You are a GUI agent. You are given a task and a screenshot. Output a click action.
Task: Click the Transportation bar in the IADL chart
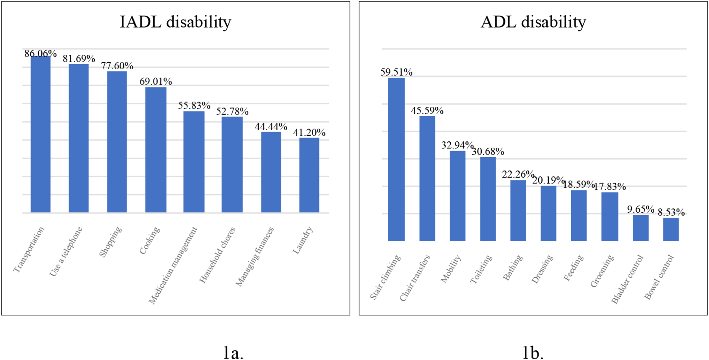[x=41, y=134]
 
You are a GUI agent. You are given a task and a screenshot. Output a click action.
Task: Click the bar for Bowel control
[x=671, y=229]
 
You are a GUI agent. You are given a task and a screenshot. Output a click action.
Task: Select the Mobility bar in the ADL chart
[x=457, y=196]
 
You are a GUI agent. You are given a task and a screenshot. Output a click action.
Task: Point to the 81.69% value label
[x=79, y=58]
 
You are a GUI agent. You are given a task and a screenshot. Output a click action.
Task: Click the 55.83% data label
[x=194, y=105]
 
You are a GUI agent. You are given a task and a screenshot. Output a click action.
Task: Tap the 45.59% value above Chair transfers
[x=427, y=111]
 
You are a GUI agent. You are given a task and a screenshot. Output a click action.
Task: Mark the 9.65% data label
[x=641, y=209]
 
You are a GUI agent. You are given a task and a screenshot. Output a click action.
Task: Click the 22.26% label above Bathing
[x=518, y=174]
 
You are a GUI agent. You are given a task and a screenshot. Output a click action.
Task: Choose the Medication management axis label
[x=173, y=266]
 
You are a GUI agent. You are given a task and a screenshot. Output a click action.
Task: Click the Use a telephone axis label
[x=66, y=252]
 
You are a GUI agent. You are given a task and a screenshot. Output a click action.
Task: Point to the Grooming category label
[x=602, y=271]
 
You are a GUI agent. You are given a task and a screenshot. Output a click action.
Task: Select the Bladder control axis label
[x=627, y=279]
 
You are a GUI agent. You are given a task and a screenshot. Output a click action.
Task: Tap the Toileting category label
[x=481, y=269]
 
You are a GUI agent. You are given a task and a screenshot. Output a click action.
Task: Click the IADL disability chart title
[x=175, y=22]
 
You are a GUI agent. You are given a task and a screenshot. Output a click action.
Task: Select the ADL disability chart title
[x=533, y=22]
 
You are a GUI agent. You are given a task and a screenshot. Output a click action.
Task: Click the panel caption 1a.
[x=233, y=352]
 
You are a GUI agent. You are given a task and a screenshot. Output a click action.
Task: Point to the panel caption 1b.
[x=533, y=352]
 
